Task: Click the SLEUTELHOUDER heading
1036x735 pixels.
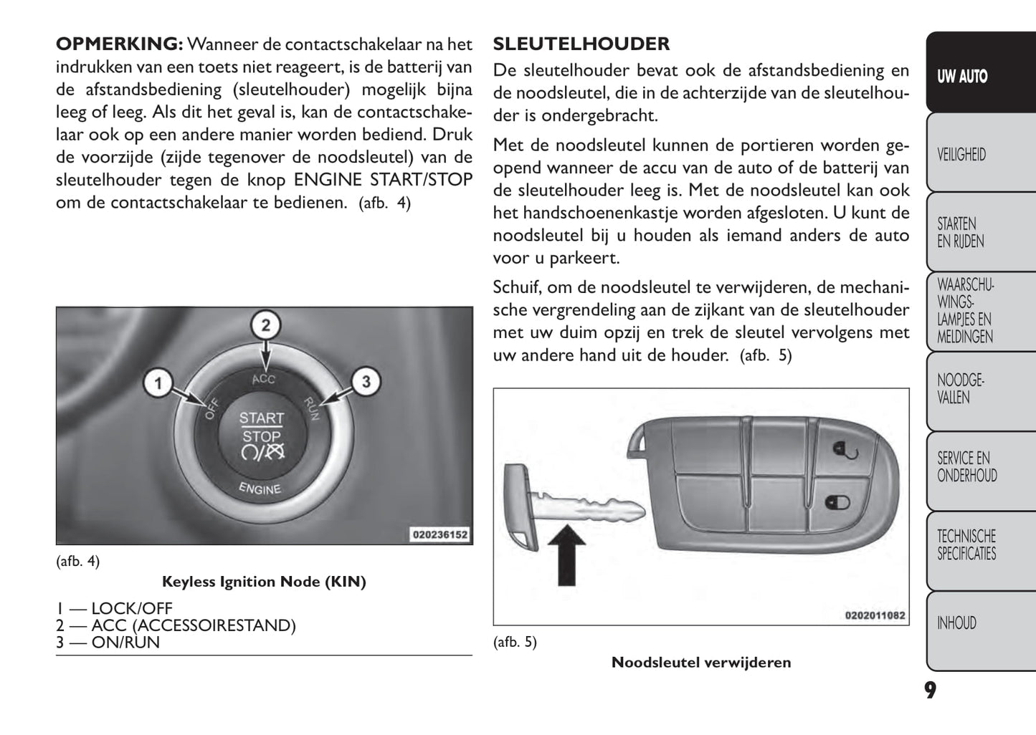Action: click(x=581, y=44)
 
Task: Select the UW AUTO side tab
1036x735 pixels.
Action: click(x=962, y=77)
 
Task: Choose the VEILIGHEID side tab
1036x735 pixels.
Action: click(x=961, y=155)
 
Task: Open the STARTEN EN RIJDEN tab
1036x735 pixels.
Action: click(x=961, y=233)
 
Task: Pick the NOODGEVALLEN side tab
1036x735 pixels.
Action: click(x=961, y=389)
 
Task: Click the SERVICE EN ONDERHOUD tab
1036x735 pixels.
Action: click(x=966, y=467)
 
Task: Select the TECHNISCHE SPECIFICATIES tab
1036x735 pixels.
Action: click(x=966, y=545)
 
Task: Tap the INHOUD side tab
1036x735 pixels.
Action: click(x=956, y=623)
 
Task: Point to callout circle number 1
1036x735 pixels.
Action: click(x=158, y=383)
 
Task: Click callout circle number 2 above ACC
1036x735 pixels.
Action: click(x=265, y=326)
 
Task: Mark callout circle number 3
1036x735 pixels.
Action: click(x=366, y=382)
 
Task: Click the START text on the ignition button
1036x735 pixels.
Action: click(x=262, y=418)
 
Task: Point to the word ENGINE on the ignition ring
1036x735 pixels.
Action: click(x=260, y=489)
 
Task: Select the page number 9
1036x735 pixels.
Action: click(x=930, y=691)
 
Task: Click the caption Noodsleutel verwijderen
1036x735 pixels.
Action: click(x=701, y=663)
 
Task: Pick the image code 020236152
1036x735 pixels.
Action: click(x=439, y=534)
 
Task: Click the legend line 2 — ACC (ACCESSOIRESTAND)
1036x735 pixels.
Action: click(x=176, y=625)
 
